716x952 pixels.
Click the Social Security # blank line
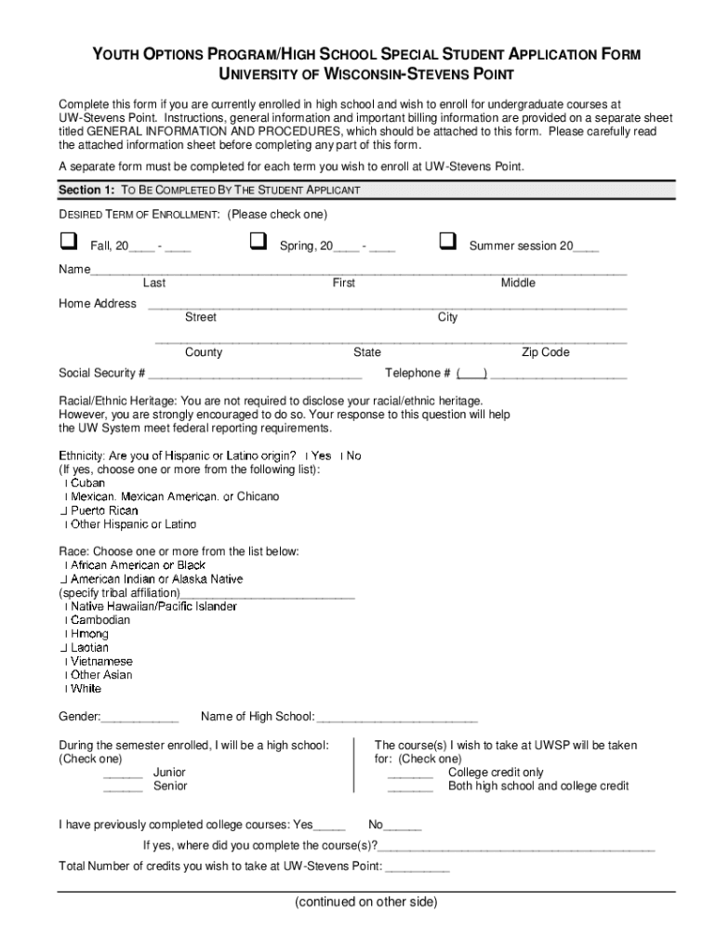255,376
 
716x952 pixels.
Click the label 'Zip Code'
545,352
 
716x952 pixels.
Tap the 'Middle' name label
518,284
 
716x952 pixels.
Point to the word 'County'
204,352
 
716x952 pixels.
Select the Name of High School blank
397,719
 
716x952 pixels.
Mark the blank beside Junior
123,774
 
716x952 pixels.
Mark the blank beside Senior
123,788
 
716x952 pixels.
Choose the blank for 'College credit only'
410,774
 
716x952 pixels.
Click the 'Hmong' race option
89,634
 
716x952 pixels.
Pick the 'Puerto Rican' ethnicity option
104,510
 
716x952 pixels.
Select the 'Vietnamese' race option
101,661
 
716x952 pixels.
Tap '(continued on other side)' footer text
365,902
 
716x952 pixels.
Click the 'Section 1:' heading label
86,190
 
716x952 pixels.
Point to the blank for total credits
417,868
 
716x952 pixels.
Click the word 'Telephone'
413,373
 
